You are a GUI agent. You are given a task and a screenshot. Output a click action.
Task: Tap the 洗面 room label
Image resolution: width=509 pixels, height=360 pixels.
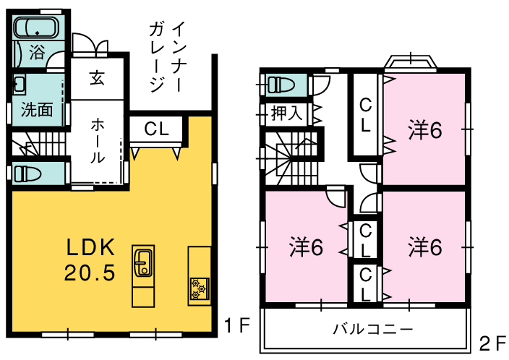[x=37, y=110]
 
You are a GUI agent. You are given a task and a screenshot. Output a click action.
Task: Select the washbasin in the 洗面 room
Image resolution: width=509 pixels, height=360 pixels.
[x=19, y=85]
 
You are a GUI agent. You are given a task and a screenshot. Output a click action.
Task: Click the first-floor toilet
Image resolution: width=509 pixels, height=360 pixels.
[x=27, y=173]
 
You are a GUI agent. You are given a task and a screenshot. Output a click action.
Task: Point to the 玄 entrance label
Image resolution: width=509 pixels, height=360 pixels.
[x=97, y=78]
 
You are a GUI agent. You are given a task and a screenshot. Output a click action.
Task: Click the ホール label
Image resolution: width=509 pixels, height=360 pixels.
[x=98, y=140]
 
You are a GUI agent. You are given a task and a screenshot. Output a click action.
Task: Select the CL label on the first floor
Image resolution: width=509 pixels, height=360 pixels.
[x=156, y=129]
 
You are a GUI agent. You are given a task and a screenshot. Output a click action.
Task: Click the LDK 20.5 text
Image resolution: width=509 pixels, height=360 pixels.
[x=90, y=260]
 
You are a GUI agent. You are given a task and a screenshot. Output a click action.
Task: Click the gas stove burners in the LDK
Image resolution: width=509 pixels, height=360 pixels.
[x=200, y=288]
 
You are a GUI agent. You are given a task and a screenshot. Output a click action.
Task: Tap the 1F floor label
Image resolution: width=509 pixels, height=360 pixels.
[x=237, y=325]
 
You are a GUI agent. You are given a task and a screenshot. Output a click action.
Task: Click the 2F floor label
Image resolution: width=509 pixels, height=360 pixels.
[x=493, y=343]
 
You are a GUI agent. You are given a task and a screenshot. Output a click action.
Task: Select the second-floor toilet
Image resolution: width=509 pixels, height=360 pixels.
[x=281, y=85]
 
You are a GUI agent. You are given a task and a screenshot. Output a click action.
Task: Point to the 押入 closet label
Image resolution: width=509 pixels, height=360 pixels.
[x=287, y=114]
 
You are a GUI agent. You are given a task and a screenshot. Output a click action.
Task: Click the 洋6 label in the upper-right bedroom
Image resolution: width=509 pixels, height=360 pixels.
[x=425, y=130]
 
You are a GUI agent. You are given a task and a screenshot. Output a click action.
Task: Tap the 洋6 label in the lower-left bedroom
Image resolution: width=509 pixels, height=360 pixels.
[x=306, y=248]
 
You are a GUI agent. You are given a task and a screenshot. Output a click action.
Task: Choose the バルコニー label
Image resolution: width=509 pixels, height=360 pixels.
[x=373, y=329]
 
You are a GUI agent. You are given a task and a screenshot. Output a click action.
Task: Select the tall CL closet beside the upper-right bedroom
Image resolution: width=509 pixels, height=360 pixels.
[x=365, y=115]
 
